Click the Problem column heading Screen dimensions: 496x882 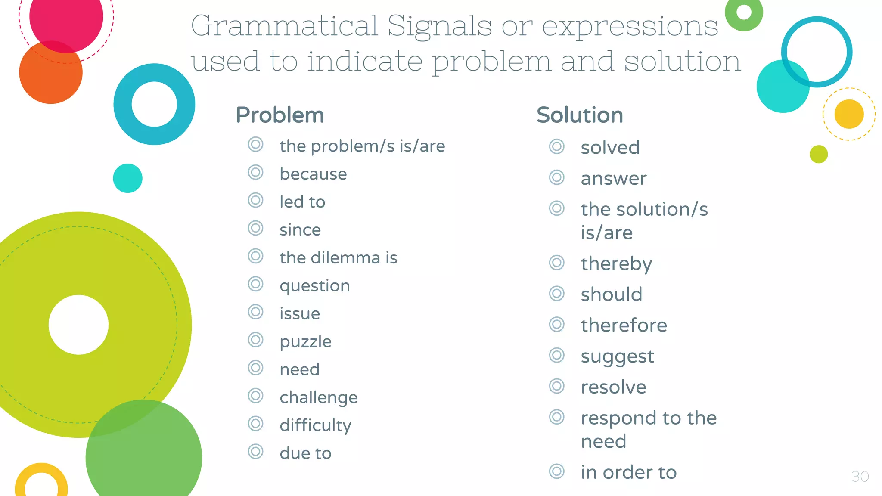tap(280, 115)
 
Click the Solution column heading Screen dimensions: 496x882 tap(580, 115)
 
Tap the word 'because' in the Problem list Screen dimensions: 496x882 tap(313, 174)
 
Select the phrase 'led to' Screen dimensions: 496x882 tap(302, 202)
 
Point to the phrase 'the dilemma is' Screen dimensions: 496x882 tap(338, 258)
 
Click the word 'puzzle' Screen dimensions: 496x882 tap(305, 342)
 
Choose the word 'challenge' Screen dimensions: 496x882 tap(318, 397)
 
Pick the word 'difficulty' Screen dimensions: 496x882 tap(315, 425)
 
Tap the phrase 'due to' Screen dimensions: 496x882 tap(305, 453)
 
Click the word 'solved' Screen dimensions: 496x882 tap(610, 147)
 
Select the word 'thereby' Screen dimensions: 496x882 tap(616, 263)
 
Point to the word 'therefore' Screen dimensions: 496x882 tap(624, 325)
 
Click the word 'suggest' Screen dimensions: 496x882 tap(617, 356)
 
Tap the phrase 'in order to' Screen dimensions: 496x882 tap(628, 472)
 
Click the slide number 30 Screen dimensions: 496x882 tap(860, 477)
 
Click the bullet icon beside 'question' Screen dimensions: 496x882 tap(255, 284)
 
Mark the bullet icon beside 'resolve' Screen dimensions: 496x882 tap(556, 386)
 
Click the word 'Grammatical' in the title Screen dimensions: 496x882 tap(284, 26)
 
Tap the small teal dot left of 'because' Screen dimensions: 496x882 tap(127, 178)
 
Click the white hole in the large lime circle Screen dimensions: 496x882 tap(78, 325)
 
